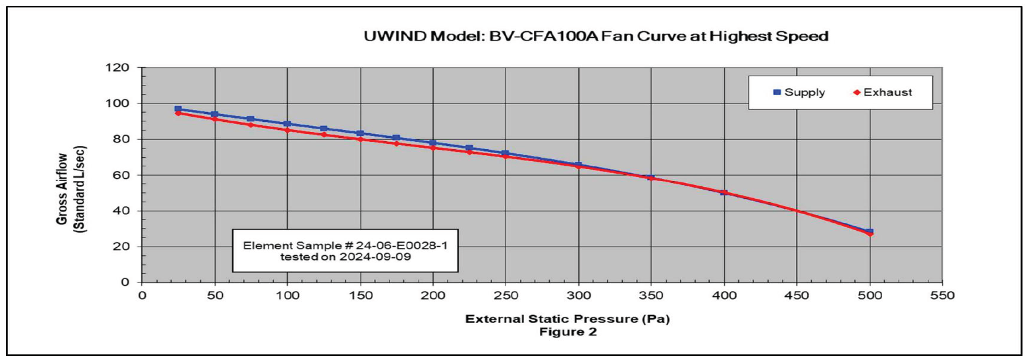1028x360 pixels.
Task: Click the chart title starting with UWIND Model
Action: pyautogui.click(x=596, y=36)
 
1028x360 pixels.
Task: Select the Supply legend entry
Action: pyautogui.click(x=799, y=92)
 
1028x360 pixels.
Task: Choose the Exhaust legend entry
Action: pyautogui.click(x=883, y=92)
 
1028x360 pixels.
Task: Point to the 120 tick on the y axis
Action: pyautogui.click(x=122, y=68)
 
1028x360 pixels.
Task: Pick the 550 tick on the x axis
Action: pyautogui.click(x=942, y=295)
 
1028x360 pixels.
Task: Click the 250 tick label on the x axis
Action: pyautogui.click(x=505, y=295)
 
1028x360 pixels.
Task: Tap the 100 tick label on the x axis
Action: pyautogui.click(x=287, y=295)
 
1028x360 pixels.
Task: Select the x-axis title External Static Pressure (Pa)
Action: pyautogui.click(x=568, y=319)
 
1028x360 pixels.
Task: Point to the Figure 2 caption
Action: pyautogui.click(x=568, y=331)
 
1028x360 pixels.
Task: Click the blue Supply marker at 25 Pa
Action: pyautogui.click(x=178, y=109)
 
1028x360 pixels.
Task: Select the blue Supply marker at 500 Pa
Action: pyautogui.click(x=869, y=232)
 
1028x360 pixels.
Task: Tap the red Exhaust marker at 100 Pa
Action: pyautogui.click(x=287, y=130)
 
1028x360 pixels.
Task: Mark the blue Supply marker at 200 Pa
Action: pyautogui.click(x=432, y=143)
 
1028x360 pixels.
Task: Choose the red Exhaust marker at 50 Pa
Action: pyautogui.click(x=214, y=119)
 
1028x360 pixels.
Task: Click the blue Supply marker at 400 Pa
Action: pyautogui.click(x=724, y=192)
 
